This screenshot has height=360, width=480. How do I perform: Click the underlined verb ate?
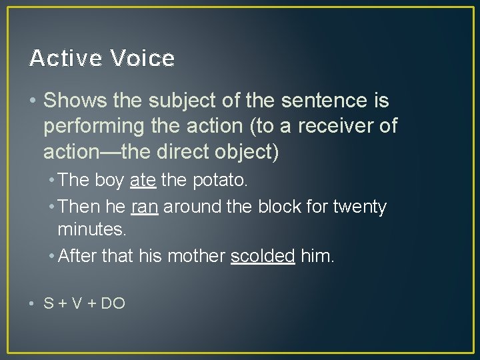(143, 180)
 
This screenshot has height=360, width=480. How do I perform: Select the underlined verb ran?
(145, 207)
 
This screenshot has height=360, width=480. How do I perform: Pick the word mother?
(196, 256)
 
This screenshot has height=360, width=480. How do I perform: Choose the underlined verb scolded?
(263, 256)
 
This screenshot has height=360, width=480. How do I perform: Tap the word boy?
(110, 180)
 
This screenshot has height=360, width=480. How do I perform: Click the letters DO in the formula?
(113, 303)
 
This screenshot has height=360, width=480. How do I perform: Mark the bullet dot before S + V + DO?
(33, 303)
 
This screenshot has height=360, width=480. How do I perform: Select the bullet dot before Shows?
(33, 101)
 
